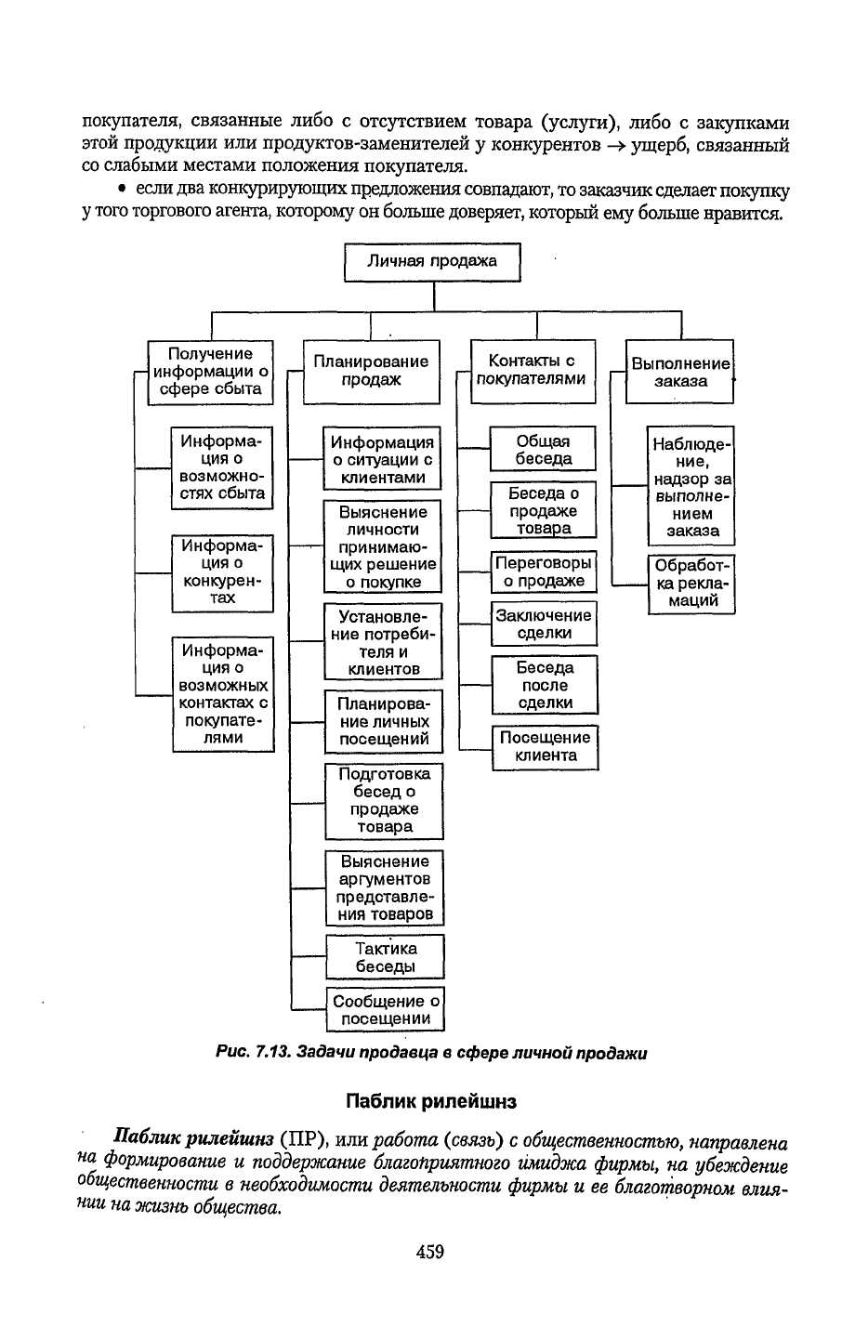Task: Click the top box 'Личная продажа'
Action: tap(432, 262)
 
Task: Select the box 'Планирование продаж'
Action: tap(371, 372)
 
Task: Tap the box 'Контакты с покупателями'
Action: tap(533, 371)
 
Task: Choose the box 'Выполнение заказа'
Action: tap(679, 371)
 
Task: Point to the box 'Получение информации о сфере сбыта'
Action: tap(210, 372)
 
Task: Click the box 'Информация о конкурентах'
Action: tap(222, 573)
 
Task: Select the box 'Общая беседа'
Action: tap(543, 448)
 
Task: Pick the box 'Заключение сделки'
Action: tap(544, 624)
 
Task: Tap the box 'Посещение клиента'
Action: tap(546, 748)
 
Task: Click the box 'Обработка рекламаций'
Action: tap(691, 585)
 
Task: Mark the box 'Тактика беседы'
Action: tap(386, 956)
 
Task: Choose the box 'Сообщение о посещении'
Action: tap(386, 1009)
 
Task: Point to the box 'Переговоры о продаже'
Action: tap(544, 571)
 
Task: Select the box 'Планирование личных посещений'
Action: tap(384, 721)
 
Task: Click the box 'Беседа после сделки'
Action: tap(545, 685)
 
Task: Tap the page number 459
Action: tap(429, 1252)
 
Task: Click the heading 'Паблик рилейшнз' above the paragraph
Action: tap(431, 1101)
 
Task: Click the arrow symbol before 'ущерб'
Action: tap(616, 145)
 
